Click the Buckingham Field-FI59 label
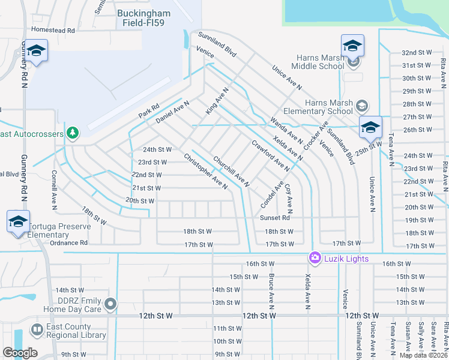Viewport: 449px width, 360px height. tap(144, 17)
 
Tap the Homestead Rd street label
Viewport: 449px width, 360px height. tap(53, 30)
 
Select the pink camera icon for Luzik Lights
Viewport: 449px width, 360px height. tap(315, 257)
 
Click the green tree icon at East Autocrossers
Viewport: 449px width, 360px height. tap(72, 131)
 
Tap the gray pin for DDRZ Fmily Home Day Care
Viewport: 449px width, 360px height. tap(110, 304)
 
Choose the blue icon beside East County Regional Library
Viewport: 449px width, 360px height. tap(35, 331)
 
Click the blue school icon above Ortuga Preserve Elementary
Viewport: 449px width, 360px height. tap(18, 221)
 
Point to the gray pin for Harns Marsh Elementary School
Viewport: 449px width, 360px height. tap(361, 107)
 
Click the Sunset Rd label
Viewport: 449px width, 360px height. tap(275, 218)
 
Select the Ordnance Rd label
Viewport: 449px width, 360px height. tap(68, 243)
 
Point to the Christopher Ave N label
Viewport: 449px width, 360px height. tap(205, 171)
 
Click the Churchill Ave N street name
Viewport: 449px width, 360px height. tap(231, 170)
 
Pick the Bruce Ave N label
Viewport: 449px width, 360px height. tap(272, 290)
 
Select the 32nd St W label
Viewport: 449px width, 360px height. tap(417, 53)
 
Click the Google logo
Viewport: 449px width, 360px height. tap(20, 353)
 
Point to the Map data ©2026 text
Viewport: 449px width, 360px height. tap(423, 355)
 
